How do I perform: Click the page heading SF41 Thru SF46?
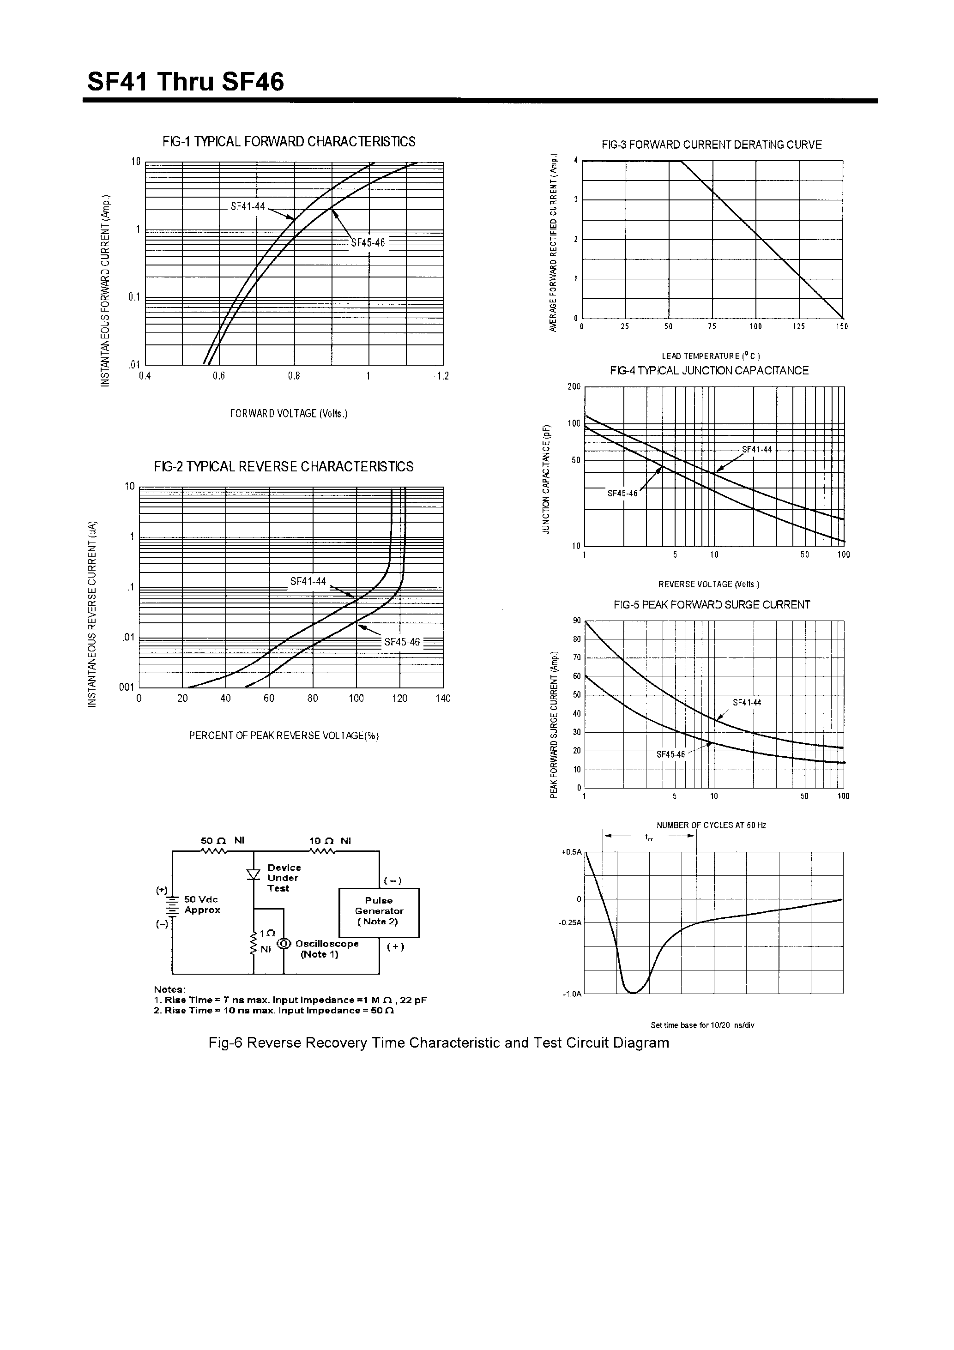tap(186, 82)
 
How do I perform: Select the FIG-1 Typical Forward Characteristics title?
tap(289, 142)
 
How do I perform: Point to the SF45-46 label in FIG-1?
tap(368, 243)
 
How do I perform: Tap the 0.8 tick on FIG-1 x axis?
tap(294, 376)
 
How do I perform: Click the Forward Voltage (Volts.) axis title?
tap(289, 413)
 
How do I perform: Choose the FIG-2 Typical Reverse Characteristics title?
tap(284, 467)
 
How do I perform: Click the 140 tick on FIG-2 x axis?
tap(443, 699)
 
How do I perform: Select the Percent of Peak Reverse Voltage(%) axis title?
tap(284, 736)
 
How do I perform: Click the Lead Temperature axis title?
tap(711, 356)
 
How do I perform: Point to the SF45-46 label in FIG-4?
tap(622, 493)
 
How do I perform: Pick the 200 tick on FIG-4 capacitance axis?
tap(574, 387)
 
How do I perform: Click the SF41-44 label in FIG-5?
tap(746, 703)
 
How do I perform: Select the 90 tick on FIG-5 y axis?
tap(576, 621)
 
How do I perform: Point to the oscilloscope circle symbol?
tap(284, 943)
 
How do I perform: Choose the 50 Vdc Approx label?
tap(202, 905)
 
